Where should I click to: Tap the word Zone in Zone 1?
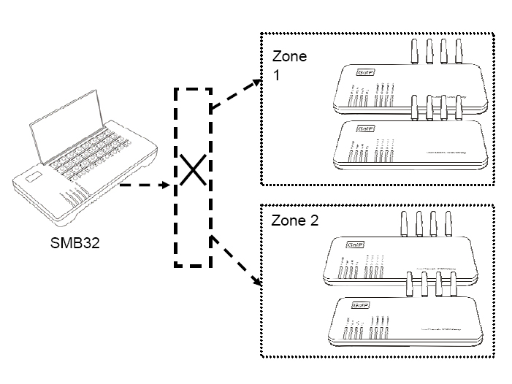[290, 57]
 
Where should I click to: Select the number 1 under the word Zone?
[276, 75]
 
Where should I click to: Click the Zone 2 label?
[294, 221]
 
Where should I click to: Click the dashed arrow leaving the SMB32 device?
[143, 185]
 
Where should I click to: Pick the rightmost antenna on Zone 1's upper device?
[459, 52]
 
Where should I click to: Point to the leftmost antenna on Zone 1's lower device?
[413, 107]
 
